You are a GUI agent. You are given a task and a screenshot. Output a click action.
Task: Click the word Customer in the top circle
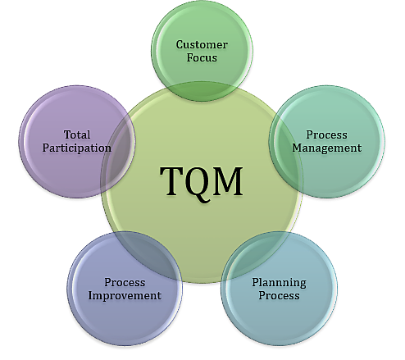click(202, 44)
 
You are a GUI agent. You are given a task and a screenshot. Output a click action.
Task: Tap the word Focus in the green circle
click(202, 58)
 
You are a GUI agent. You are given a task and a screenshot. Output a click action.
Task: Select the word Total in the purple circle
click(77, 134)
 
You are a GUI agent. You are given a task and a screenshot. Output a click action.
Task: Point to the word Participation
click(77, 148)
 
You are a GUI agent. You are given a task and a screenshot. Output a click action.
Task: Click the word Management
click(326, 148)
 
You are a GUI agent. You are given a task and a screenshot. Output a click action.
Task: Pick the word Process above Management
click(326, 134)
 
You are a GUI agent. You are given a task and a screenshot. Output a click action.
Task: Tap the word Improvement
click(125, 295)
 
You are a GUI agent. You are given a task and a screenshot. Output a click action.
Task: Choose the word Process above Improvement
click(125, 282)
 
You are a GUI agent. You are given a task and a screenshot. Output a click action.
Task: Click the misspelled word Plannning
click(279, 283)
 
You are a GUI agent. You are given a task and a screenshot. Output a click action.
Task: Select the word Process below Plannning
click(279, 296)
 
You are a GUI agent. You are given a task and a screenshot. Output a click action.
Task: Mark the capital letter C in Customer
click(180, 44)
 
